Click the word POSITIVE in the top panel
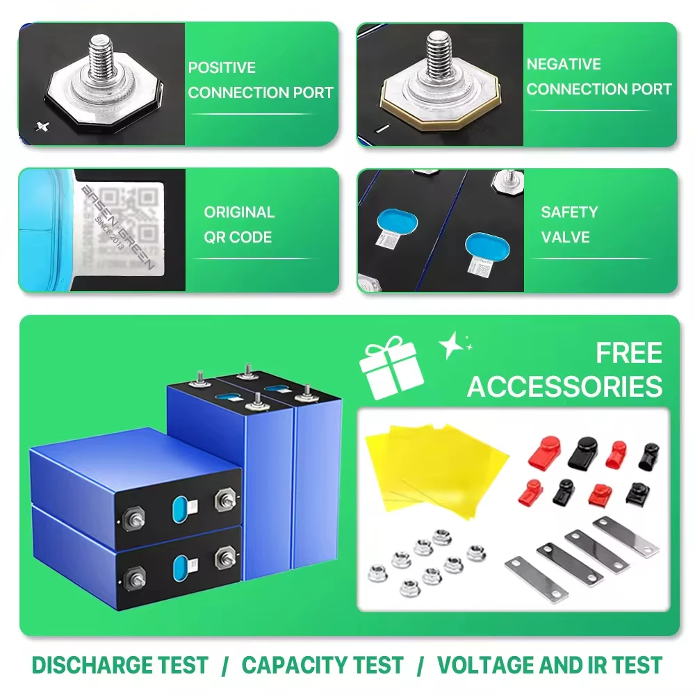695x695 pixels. pos(222,68)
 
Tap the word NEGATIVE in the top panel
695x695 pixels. pos(564,65)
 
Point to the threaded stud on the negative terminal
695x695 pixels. pos(439,51)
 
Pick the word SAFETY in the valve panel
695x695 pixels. pos(569,213)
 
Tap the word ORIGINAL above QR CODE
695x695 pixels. pos(239,213)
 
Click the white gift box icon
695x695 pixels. pos(387,368)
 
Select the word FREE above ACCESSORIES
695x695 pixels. pos(628,354)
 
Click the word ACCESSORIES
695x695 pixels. pos(564,386)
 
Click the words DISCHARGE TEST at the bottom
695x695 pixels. pos(120,665)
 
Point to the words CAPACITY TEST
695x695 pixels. pos(322,665)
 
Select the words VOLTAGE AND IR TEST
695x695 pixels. pos(549,665)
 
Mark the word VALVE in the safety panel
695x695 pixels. pos(565,237)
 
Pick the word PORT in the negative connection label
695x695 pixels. pos(648,90)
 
